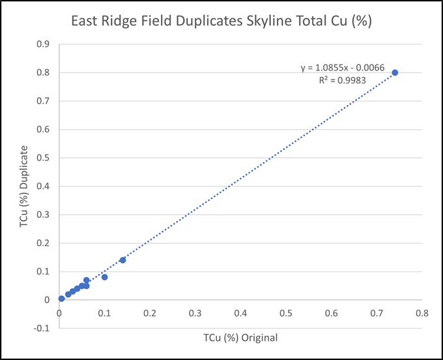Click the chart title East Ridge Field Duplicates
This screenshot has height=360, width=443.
157,22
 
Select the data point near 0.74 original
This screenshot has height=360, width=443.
395,72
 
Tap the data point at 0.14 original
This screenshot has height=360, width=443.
122,260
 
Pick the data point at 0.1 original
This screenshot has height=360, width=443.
104,277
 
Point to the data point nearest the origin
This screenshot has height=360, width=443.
62,299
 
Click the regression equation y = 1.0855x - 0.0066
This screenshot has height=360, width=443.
343,68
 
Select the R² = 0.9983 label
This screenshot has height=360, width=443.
343,80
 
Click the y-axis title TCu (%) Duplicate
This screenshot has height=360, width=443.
24,187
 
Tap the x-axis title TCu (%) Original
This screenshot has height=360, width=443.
240,338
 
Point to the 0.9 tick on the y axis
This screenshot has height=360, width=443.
43,44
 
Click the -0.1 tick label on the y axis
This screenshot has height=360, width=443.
42,329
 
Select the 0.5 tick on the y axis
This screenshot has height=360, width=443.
43,158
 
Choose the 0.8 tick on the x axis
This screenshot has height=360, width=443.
422,313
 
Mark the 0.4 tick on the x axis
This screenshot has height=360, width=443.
240,313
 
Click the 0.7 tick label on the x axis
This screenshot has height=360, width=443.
377,313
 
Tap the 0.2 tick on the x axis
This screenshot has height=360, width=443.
150,313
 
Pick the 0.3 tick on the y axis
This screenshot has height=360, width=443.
43,215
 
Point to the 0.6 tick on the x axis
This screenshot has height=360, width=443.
331,313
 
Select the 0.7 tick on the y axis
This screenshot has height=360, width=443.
43,101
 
